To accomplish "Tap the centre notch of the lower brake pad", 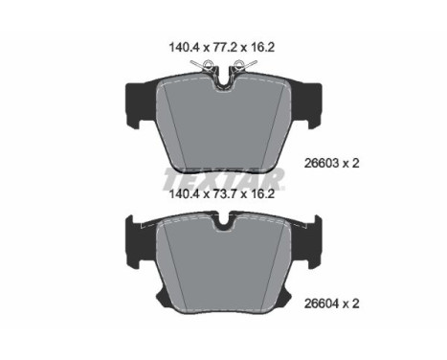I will (224, 227).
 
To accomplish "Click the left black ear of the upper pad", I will (136, 101).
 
